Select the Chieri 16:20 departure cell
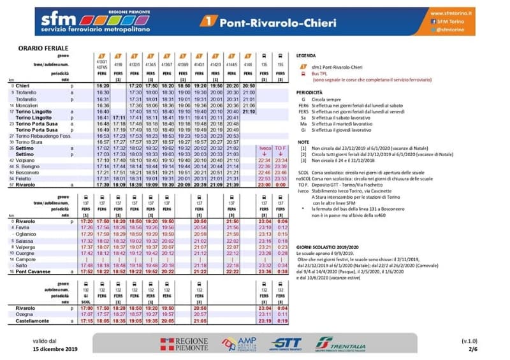[x=103, y=85]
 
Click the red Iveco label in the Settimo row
[x=265, y=147]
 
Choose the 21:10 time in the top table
[x=249, y=112]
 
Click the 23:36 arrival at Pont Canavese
[x=265, y=271]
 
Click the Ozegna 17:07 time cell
[x=103, y=314]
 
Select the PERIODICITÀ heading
[x=310, y=92]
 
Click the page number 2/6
[x=472, y=349]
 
